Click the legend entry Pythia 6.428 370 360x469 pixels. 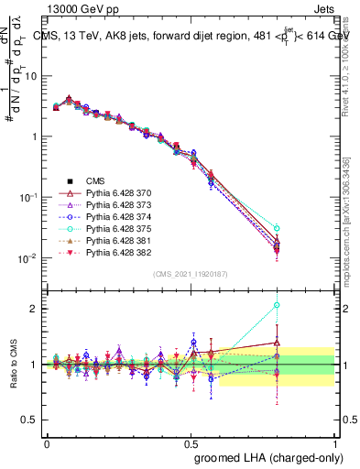[x=115, y=194]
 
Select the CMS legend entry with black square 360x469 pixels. [x=96, y=182]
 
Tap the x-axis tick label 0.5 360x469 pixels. [x=191, y=442]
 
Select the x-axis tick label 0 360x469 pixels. [x=48, y=442]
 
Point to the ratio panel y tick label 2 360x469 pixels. [x=36, y=309]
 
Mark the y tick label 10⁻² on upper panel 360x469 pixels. [x=29, y=258]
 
